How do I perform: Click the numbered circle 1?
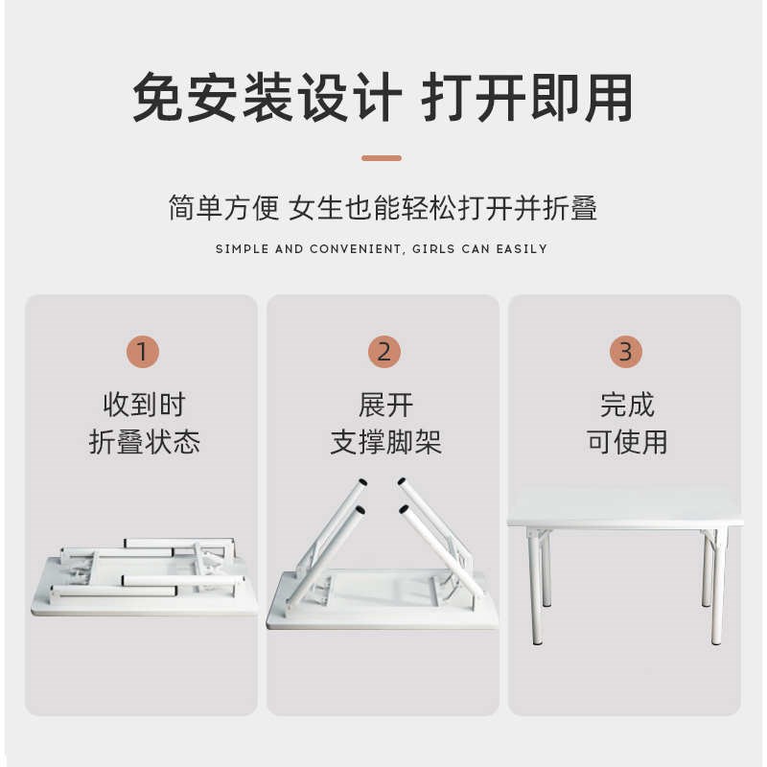tap(142, 352)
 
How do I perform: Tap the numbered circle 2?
tap(383, 352)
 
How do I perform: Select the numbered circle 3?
tap(625, 352)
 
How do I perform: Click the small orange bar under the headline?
tap(382, 158)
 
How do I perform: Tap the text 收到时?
tap(144, 405)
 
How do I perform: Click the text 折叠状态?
tap(144, 442)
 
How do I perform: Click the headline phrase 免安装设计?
tap(266, 98)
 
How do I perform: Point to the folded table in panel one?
tap(144, 575)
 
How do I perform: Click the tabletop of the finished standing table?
tap(623, 506)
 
